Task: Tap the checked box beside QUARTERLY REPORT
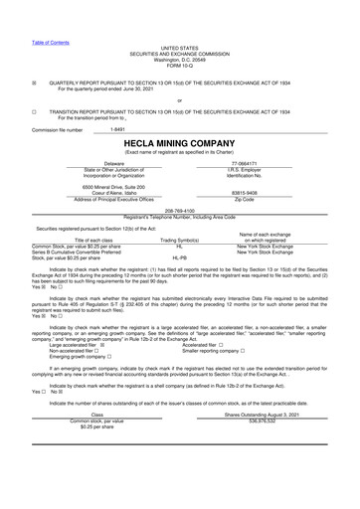pyautogui.click(x=35, y=83)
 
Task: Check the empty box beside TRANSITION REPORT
pyautogui.click(x=35, y=112)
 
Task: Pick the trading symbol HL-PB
pyautogui.click(x=180, y=256)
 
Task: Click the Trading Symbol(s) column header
pyautogui.click(x=180, y=240)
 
